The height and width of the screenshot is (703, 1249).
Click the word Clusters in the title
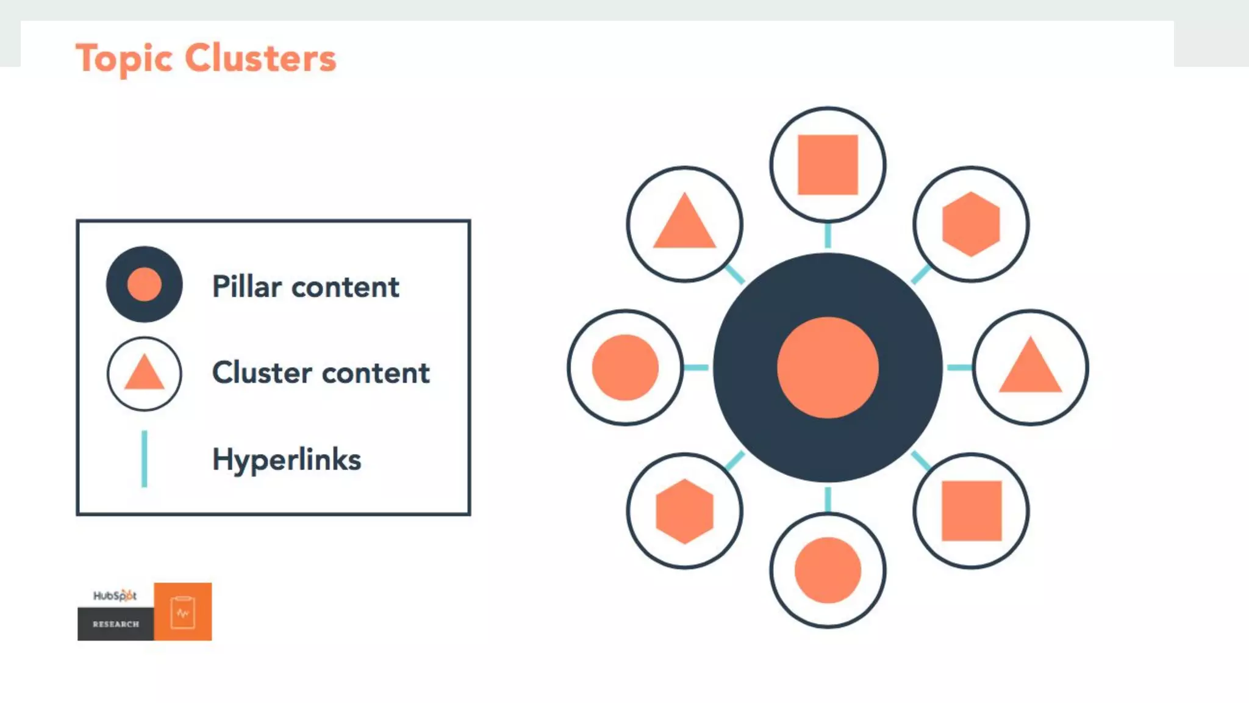click(260, 59)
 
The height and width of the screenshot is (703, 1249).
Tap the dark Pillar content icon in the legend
click(144, 284)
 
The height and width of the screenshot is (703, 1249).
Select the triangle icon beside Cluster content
click(144, 373)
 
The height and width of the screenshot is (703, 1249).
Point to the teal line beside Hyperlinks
click(144, 459)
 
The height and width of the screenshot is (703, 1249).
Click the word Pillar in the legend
click(247, 287)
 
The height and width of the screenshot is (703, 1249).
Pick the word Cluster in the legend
click(262, 373)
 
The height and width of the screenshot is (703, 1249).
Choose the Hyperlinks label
click(287, 460)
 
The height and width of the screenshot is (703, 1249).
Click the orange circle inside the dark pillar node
click(828, 367)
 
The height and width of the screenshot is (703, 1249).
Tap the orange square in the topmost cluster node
click(828, 165)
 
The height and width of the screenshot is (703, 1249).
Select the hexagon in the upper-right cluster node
click(971, 224)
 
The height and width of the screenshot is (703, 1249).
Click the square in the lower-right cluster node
click(972, 511)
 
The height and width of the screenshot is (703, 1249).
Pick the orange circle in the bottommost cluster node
click(828, 570)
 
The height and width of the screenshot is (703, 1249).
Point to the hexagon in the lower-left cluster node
click(684, 511)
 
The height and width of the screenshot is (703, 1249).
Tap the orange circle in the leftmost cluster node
click(625, 367)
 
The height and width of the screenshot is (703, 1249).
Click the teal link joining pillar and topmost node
click(828, 236)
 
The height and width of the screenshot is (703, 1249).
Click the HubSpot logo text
click(115, 596)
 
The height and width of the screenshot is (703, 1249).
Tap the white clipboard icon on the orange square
click(182, 612)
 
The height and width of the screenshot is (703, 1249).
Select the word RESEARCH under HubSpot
click(116, 624)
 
